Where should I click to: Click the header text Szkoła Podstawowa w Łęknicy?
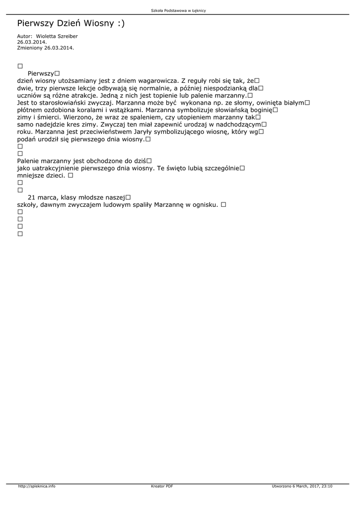178,10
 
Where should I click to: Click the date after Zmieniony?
59,48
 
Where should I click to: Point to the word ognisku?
205,204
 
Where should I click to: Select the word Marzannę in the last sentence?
169,204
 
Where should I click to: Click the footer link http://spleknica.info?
37,486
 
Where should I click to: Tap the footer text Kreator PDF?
162,486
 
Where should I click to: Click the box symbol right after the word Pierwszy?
57,73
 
